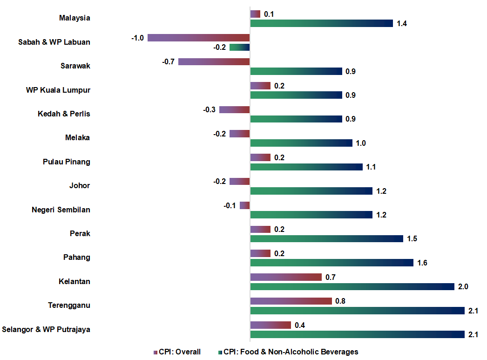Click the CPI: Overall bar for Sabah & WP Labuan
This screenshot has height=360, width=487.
tap(199, 38)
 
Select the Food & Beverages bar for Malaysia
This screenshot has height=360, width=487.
tap(322, 23)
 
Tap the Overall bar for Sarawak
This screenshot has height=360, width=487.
tap(214, 61)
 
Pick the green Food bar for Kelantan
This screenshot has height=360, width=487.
tap(352, 286)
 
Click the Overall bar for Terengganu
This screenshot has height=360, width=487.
tap(291, 301)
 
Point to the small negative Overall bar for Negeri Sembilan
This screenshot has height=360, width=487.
tap(245, 205)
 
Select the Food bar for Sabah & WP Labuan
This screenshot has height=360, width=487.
tap(240, 47)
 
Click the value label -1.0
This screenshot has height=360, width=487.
tap(137, 38)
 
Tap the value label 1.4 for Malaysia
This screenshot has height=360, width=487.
tap(402, 23)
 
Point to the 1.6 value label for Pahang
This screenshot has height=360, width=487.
tap(422, 263)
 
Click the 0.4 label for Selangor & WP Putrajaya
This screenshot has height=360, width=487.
tap(300, 325)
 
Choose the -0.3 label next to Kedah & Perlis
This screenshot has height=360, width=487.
tap(209, 109)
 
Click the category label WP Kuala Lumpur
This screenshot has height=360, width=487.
tap(58, 90)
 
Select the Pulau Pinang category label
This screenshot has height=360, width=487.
tap(67, 162)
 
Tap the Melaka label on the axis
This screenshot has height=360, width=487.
tap(78, 138)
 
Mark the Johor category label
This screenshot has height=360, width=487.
tap(80, 186)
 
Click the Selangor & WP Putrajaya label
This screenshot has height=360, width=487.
tap(46, 330)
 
